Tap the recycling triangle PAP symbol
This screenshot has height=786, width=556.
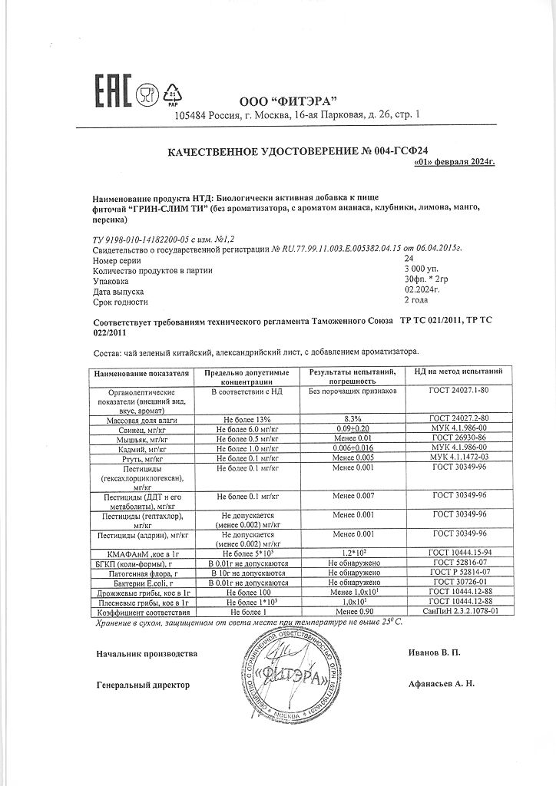[173, 95]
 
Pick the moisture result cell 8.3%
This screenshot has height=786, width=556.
[352, 418]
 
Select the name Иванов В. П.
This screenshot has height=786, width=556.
[435, 653]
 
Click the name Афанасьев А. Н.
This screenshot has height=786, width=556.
[442, 683]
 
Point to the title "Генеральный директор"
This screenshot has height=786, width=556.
[143, 684]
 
